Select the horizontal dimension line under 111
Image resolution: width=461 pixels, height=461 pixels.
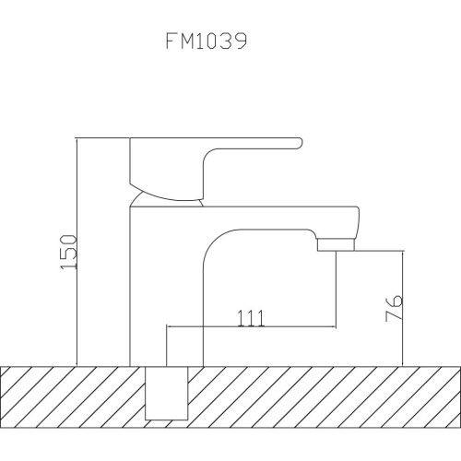[249, 327]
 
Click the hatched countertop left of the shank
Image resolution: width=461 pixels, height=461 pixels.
[74, 392]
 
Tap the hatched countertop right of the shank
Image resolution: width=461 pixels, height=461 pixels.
[323, 392]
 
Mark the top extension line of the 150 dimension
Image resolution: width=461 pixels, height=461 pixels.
[101, 138]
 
